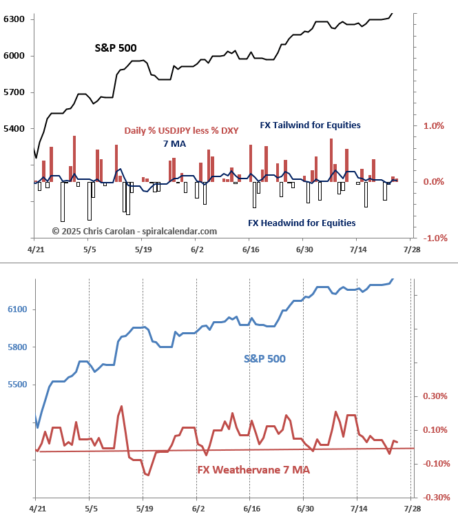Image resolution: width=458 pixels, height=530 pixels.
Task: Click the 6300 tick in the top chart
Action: [15, 19]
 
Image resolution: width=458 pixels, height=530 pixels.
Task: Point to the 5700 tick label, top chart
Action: [15, 92]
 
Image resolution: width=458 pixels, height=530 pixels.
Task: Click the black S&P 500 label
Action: [116, 48]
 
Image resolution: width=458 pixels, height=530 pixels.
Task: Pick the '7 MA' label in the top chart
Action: [175, 143]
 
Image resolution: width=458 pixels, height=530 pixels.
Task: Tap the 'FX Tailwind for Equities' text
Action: [310, 125]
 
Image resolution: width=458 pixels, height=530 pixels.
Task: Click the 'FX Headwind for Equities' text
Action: [302, 223]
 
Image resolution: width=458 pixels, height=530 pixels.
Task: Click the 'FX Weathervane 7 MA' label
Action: [253, 470]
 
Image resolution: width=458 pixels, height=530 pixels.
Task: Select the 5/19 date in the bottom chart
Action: [143, 509]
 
